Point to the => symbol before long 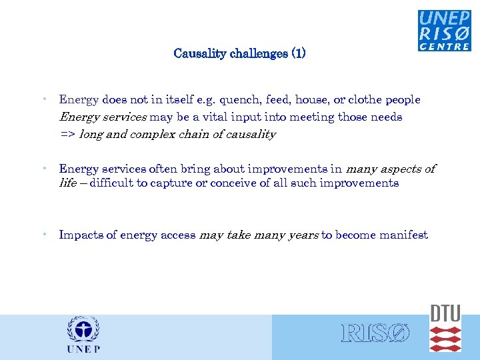click(x=67, y=135)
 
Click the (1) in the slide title click(x=298, y=53)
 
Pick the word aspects click(x=398, y=169)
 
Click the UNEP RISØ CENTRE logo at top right click(x=444, y=30)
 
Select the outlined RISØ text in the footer click(x=375, y=333)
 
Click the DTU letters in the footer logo click(x=445, y=313)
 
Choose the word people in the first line click(x=402, y=100)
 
